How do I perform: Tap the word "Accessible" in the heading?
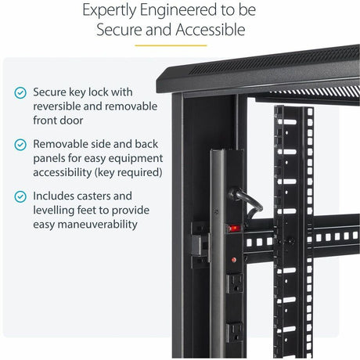tap(203, 31)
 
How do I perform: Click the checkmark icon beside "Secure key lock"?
tap(20, 93)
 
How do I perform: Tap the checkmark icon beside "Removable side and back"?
tap(20, 145)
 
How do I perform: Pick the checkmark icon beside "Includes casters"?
tap(20, 196)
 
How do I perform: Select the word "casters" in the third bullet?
tap(110, 196)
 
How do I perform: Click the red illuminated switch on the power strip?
tap(232, 229)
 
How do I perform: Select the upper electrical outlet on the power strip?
tap(234, 281)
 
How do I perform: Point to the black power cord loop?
tap(252, 203)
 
